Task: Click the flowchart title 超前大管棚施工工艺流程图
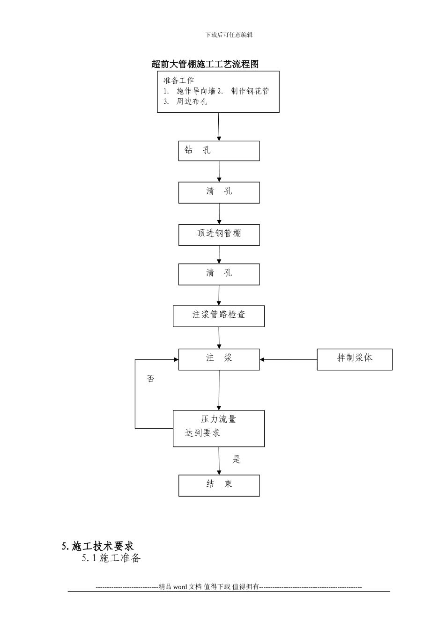pos(205,64)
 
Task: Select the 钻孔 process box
pos(219,151)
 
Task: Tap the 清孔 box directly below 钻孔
pos(219,192)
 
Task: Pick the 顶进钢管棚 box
pos(219,234)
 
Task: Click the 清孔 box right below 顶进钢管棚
pos(219,274)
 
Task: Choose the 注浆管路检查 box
pos(219,316)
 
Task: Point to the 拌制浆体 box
pos(355,359)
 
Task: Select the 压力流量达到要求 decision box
pos(219,428)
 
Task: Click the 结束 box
pos(219,485)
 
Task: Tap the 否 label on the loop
pos(150,379)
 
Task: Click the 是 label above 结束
pos(237,460)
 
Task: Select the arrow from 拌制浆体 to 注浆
pos(288,359)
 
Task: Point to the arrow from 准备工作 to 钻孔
pos(219,126)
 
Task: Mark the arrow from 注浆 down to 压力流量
pos(219,390)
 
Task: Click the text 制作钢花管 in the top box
pos(250,91)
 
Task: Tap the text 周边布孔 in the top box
pos(192,102)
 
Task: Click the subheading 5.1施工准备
pos(111,558)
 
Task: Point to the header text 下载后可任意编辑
pos(229,35)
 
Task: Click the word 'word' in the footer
pos(180,587)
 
